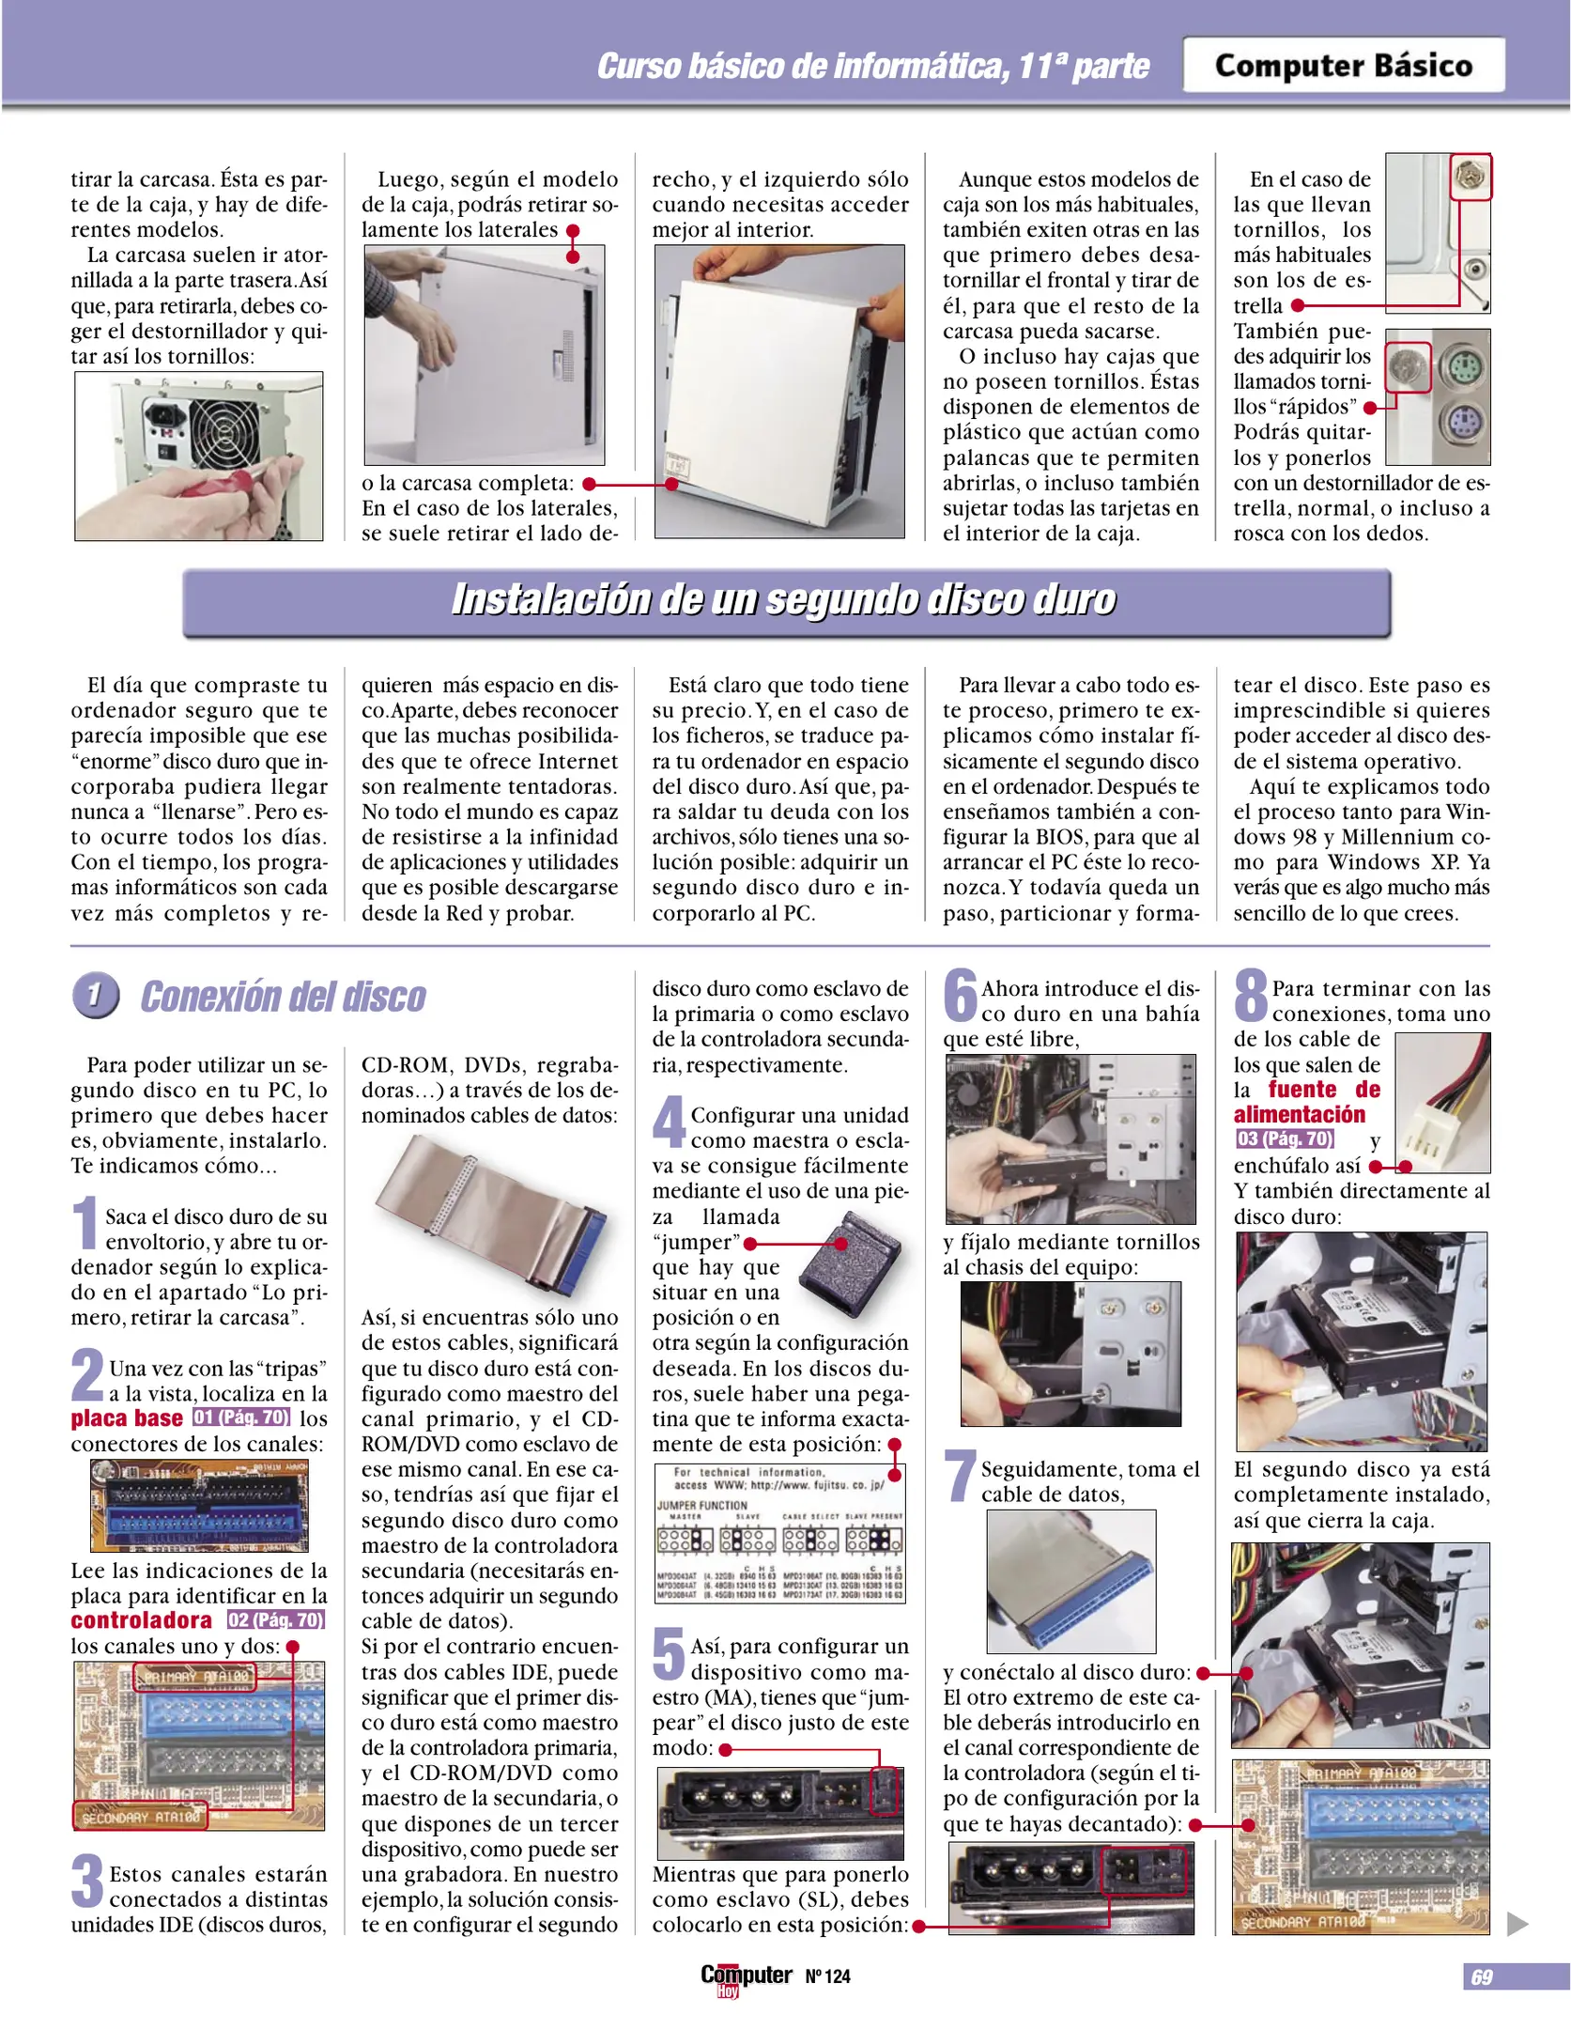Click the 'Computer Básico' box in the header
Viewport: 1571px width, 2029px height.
[1343, 66]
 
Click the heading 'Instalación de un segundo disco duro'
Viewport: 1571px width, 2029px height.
[785, 600]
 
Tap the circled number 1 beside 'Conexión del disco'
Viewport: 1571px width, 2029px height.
[95, 996]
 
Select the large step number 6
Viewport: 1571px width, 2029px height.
[960, 996]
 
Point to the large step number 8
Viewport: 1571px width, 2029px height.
[1251, 996]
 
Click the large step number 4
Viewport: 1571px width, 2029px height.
[670, 1123]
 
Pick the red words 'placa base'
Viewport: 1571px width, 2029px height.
[127, 1419]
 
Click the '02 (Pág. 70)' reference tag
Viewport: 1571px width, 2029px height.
[275, 1620]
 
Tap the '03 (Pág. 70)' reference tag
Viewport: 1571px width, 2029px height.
[1285, 1139]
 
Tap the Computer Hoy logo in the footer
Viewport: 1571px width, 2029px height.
[746, 1977]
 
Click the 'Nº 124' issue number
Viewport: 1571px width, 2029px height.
[827, 1976]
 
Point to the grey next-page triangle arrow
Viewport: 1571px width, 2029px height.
[1517, 1924]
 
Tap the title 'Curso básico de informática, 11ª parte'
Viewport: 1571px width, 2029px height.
[873, 67]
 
